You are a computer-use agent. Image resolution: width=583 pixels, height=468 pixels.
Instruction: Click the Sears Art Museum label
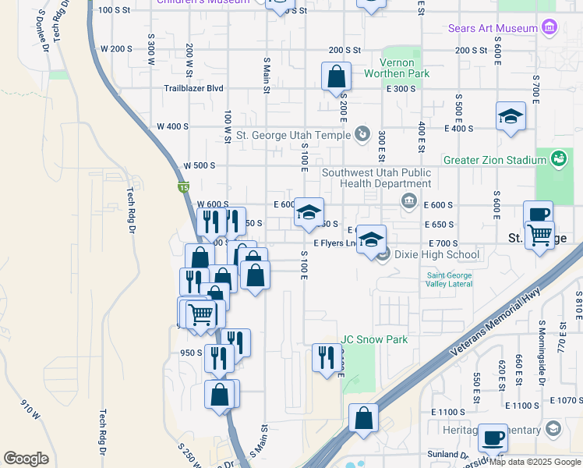pyautogui.click(x=493, y=28)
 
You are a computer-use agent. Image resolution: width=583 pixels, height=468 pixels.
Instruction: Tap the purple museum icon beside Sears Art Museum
pyautogui.click(x=550, y=28)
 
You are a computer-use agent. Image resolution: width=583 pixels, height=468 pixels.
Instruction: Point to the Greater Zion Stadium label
pyautogui.click(x=494, y=160)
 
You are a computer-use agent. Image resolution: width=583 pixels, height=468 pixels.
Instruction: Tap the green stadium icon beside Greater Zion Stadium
pyautogui.click(x=558, y=159)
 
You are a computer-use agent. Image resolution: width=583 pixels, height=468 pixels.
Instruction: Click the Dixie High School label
pyautogui.click(x=436, y=254)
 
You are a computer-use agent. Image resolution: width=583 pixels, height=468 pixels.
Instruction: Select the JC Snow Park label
pyautogui.click(x=374, y=339)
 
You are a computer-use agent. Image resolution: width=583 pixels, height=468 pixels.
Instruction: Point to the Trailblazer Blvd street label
pyautogui.click(x=193, y=89)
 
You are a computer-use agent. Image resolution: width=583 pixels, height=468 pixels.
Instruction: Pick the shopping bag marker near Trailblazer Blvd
pyautogui.click(x=336, y=76)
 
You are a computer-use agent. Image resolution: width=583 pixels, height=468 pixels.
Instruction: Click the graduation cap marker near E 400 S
pyautogui.click(x=511, y=116)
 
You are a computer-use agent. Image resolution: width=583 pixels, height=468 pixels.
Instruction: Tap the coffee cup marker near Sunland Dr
pyautogui.click(x=492, y=438)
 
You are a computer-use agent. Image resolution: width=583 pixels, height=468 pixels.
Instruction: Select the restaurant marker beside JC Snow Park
pyautogui.click(x=325, y=357)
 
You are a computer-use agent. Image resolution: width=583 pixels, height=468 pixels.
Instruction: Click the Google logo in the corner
pyautogui.click(x=26, y=459)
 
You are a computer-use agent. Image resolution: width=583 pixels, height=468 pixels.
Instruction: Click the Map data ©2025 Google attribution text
pyautogui.click(x=535, y=462)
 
